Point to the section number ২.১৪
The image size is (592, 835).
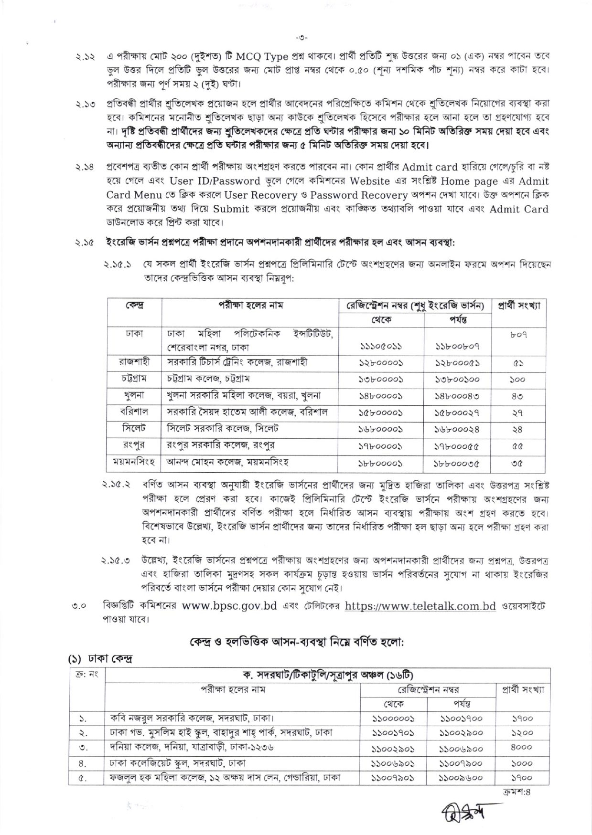point(85,168)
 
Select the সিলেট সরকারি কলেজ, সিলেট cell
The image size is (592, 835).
point(223,429)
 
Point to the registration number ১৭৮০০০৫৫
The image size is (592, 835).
point(457,446)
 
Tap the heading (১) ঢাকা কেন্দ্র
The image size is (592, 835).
point(100,659)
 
